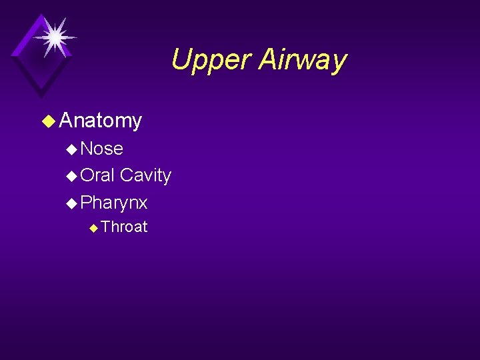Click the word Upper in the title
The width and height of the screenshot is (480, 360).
click(x=211, y=61)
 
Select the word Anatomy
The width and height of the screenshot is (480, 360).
click(x=100, y=121)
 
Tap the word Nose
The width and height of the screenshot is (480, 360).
click(x=101, y=148)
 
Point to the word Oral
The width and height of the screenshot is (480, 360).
click(x=97, y=175)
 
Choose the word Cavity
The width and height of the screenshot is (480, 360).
click(x=145, y=175)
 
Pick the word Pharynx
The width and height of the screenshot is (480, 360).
click(x=113, y=203)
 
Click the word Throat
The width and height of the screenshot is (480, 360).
click(x=124, y=227)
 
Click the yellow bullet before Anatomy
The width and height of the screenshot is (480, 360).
click(x=48, y=121)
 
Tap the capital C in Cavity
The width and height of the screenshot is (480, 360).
click(x=126, y=175)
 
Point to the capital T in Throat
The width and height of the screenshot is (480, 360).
click(x=106, y=227)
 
